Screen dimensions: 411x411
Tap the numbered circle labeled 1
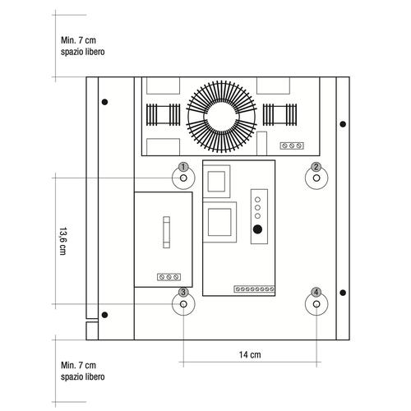[183, 168]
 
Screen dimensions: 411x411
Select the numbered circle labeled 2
[315, 168]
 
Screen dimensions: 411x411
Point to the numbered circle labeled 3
[183, 292]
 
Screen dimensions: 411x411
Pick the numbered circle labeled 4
[316, 292]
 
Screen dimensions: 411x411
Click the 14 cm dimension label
[250, 355]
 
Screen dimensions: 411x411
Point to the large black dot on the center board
[257, 229]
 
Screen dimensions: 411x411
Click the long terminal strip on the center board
[254, 289]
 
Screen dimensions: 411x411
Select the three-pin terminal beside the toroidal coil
[291, 145]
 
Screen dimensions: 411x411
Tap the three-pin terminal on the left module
[166, 277]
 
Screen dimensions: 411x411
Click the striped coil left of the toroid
[163, 113]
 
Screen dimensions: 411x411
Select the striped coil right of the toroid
[280, 113]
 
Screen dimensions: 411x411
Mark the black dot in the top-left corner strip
[104, 102]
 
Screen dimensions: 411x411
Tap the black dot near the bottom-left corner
[104, 313]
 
